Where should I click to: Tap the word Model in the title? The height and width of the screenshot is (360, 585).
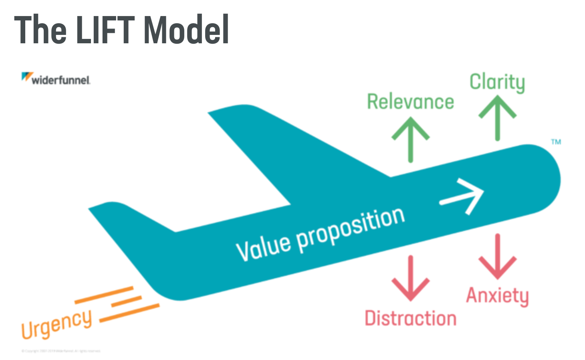point(186,30)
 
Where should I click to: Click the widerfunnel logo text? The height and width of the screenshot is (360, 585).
point(61,80)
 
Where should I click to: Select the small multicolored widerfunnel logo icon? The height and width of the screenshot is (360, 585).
point(27,77)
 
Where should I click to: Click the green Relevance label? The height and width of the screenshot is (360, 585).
point(410,102)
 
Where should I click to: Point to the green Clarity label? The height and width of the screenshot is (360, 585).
point(497,82)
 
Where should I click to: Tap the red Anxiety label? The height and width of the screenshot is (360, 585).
point(497,296)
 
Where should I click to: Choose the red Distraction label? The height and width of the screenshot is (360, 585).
point(410,318)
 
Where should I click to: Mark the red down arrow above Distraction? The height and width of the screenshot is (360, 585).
point(410,278)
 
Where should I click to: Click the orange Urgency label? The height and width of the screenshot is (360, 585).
point(56,324)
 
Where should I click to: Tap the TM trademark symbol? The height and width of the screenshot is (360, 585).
point(556,142)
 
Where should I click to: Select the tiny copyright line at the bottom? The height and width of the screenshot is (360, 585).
point(61,351)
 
